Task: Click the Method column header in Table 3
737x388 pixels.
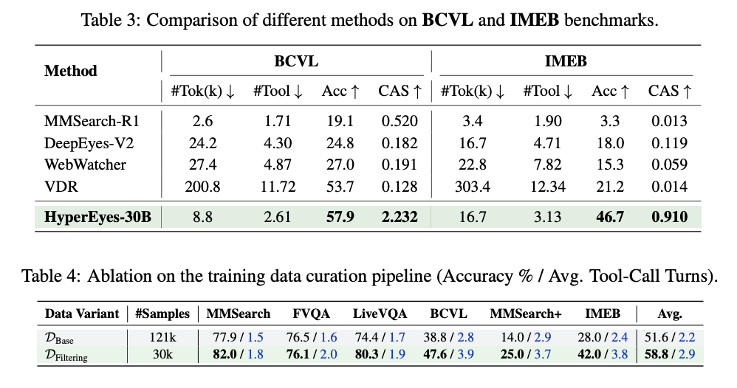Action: click(70, 71)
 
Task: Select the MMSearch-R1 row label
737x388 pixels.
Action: click(92, 121)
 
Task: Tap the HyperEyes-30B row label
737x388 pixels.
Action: click(97, 217)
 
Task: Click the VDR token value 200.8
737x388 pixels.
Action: click(202, 187)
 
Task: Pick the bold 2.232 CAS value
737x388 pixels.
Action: click(400, 217)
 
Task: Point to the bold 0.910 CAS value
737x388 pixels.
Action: click(669, 217)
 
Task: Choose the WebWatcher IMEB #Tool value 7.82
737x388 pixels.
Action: click(547, 165)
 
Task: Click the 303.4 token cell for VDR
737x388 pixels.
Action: click(473, 187)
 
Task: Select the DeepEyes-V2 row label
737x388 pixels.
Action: click(89, 143)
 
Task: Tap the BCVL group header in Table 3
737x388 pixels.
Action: click(296, 61)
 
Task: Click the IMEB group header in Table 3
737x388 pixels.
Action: click(566, 61)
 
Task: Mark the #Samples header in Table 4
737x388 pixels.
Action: click(162, 313)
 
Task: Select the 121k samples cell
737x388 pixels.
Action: click(162, 337)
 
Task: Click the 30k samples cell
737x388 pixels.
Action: click(162, 354)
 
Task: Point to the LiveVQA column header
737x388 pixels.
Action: click(380, 313)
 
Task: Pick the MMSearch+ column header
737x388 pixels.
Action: click(526, 313)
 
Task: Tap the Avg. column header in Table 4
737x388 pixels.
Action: click(670, 313)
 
